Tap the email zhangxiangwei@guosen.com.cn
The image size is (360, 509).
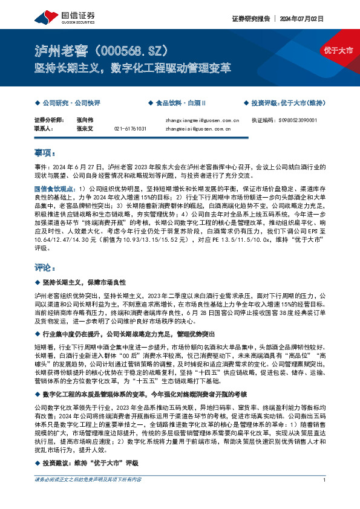[202, 120]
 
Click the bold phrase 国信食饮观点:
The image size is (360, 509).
[55, 189]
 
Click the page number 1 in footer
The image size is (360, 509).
[325, 496]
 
